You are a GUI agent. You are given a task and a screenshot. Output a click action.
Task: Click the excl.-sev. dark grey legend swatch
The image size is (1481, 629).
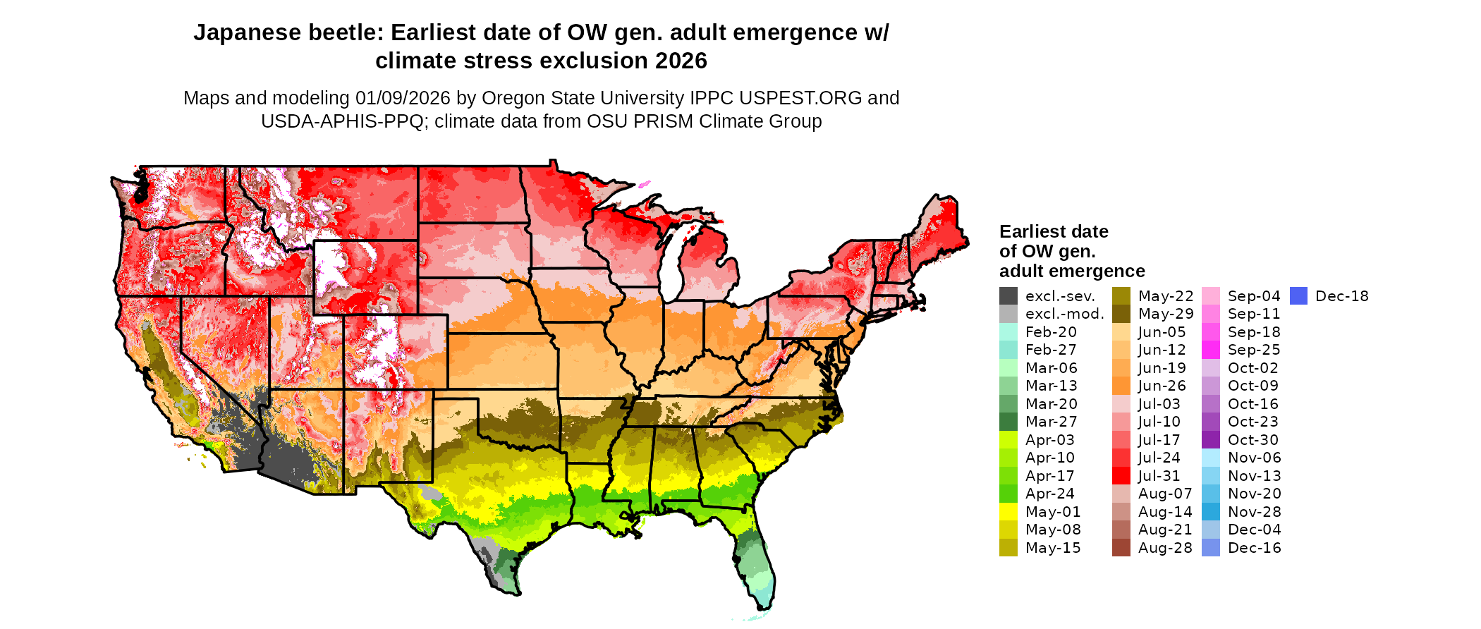[1008, 296]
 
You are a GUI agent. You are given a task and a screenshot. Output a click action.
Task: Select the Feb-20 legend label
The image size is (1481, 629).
[1051, 332]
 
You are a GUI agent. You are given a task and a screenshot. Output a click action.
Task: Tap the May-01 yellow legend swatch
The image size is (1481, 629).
[1008, 512]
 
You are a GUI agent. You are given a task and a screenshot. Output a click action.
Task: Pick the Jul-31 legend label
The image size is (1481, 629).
[1159, 476]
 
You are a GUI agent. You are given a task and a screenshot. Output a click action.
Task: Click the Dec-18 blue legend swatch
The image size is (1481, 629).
[1298, 296]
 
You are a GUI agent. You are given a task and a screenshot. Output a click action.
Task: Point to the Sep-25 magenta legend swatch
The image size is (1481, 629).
[1210, 350]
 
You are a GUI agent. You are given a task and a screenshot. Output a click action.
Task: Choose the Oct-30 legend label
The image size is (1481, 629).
[1253, 440]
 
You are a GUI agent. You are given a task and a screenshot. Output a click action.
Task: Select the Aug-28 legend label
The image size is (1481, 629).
[1165, 548]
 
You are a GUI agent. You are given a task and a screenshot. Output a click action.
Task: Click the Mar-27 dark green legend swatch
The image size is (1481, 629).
[1008, 422]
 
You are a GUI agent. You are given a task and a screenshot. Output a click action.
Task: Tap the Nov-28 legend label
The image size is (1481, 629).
[1254, 512]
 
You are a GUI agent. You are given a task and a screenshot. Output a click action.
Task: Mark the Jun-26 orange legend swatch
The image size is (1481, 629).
[1121, 386]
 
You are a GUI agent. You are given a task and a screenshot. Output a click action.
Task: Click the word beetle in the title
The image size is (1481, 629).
[347, 32]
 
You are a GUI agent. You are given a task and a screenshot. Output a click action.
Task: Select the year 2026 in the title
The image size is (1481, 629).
[681, 61]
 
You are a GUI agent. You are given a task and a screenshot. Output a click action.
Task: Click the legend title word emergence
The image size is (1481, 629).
[1107, 271]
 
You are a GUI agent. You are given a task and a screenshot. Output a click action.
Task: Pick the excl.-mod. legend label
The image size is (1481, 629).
[1064, 314]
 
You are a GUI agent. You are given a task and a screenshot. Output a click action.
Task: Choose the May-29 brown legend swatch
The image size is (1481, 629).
[1121, 314]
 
